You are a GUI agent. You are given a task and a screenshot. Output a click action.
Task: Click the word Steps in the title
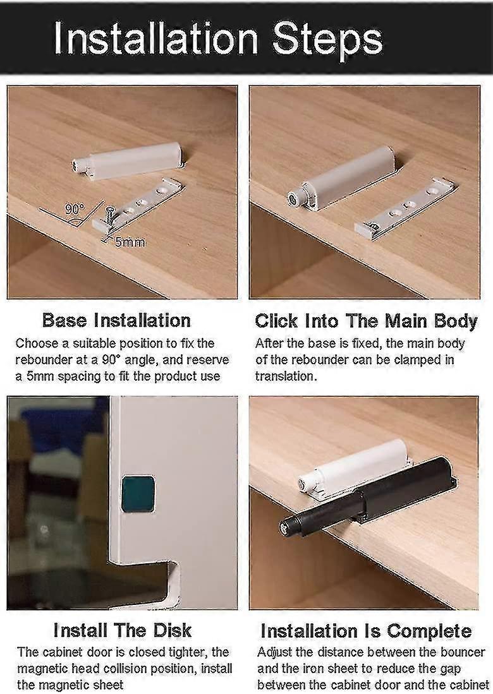click(327, 40)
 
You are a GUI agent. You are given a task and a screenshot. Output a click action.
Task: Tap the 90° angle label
click(75, 208)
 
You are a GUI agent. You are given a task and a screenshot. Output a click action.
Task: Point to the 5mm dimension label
click(130, 242)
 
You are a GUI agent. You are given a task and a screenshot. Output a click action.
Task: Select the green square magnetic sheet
click(138, 493)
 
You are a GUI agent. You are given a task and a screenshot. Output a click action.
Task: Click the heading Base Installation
click(116, 320)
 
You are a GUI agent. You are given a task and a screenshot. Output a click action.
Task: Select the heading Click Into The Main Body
click(367, 321)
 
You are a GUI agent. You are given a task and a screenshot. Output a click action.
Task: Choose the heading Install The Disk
click(122, 630)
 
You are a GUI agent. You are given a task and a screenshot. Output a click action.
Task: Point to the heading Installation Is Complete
click(366, 631)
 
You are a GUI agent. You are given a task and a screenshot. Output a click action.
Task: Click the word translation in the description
click(286, 376)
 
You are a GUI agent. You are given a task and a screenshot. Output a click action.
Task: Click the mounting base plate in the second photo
click(406, 208)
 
